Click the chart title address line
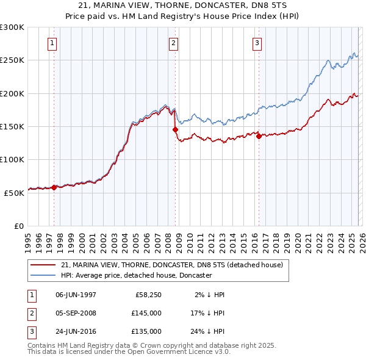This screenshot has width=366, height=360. click(183, 5)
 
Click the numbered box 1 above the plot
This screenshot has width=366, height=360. click(52, 43)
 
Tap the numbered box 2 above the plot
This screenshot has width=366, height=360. click(174, 43)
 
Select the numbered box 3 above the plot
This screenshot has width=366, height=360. click(257, 43)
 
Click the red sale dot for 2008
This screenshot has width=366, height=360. click(175, 129)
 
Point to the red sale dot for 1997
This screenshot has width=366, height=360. click(54, 187)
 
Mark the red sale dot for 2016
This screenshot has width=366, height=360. click(259, 136)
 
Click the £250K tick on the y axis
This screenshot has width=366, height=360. click(12, 60)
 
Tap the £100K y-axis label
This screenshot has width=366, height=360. click(12, 159)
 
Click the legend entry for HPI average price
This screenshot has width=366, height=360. click(136, 275)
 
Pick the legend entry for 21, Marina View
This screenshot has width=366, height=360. click(172, 265)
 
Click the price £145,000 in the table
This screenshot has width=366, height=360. click(146, 313)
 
